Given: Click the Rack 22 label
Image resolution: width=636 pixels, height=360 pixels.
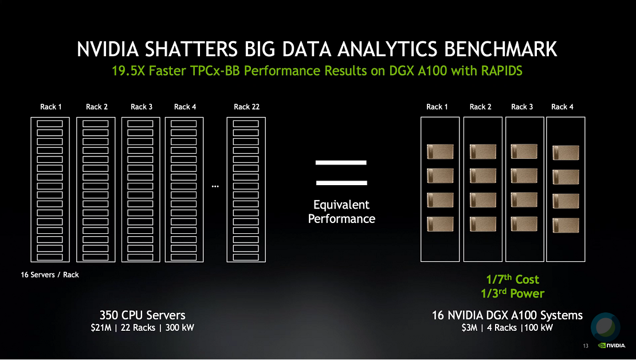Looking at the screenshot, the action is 246,107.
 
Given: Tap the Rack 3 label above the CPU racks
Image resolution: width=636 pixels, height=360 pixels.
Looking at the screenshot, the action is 142,107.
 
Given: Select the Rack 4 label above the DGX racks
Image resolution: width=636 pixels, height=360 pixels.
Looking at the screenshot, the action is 562,107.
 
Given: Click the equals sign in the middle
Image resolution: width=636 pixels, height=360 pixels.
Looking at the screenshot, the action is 341,173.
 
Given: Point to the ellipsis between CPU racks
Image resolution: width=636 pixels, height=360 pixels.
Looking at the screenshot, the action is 215,186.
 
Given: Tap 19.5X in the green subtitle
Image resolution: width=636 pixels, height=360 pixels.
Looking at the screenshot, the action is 128,71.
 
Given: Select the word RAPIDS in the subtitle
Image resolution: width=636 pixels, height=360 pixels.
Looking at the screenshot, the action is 502,71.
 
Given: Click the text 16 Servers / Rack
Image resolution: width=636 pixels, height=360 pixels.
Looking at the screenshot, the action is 50,275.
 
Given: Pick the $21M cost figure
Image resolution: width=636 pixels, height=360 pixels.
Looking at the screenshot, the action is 101,327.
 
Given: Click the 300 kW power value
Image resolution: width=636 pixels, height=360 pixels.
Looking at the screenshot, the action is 180,327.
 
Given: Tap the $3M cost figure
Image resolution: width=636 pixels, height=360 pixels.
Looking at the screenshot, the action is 469,327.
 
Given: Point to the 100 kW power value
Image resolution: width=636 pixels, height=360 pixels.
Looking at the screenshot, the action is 538,327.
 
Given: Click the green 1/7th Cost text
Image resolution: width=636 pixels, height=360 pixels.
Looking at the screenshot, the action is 513,279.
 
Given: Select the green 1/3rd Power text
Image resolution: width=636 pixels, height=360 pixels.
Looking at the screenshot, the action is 513,294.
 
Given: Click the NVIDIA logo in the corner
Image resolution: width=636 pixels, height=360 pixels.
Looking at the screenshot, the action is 612,346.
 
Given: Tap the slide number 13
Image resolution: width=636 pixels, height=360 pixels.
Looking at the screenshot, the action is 586,346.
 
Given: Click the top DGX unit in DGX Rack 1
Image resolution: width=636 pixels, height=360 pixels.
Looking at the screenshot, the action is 440,152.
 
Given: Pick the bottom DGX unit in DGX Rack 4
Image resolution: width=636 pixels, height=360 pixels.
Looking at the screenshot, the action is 566,225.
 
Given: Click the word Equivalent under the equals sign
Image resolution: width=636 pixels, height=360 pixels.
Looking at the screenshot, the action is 341,205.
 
